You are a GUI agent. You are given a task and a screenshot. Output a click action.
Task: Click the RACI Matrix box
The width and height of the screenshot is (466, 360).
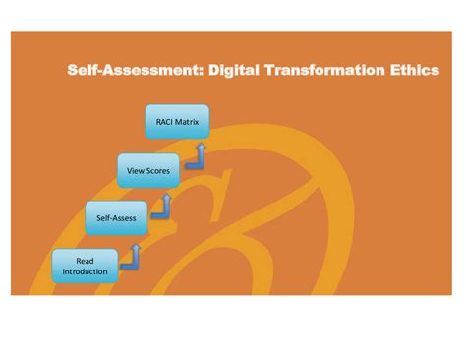point(177,123)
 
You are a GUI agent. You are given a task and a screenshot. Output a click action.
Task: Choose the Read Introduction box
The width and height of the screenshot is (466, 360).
point(86,266)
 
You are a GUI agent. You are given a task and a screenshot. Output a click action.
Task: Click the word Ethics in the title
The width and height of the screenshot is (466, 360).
point(414,71)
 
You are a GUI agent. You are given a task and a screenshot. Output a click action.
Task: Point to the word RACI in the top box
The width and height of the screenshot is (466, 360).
point(164,123)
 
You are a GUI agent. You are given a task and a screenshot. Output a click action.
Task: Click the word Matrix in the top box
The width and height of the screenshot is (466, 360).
point(188,123)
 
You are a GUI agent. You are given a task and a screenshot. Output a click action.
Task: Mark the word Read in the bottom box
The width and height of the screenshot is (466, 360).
point(86,259)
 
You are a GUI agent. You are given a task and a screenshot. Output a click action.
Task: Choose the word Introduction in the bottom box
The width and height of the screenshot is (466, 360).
point(86,271)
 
